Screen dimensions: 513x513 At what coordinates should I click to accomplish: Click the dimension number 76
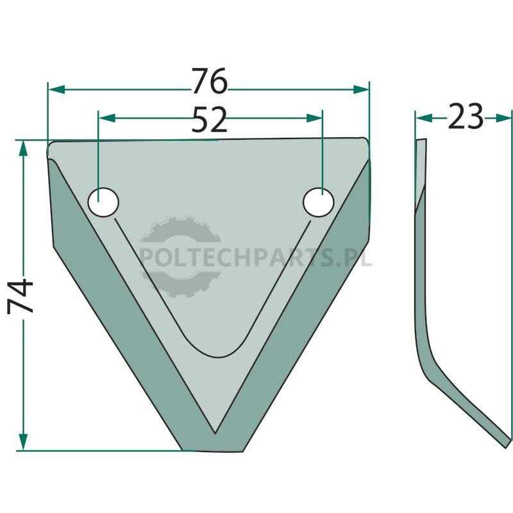point(209,81)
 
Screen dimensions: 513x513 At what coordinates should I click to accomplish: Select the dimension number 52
point(210,119)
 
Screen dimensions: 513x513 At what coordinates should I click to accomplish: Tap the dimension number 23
point(466,116)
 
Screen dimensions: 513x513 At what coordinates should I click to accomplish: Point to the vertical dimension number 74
point(21,296)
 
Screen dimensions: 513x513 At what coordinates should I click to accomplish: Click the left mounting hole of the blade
point(103,202)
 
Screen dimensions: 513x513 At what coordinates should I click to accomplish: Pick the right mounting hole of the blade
point(318,202)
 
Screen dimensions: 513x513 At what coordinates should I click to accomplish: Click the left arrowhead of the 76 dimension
point(56,89)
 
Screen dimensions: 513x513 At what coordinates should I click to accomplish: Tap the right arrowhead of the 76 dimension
point(361,89)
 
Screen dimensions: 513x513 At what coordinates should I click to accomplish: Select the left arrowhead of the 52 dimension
point(107,118)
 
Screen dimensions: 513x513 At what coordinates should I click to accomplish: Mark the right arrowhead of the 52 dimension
point(314,118)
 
